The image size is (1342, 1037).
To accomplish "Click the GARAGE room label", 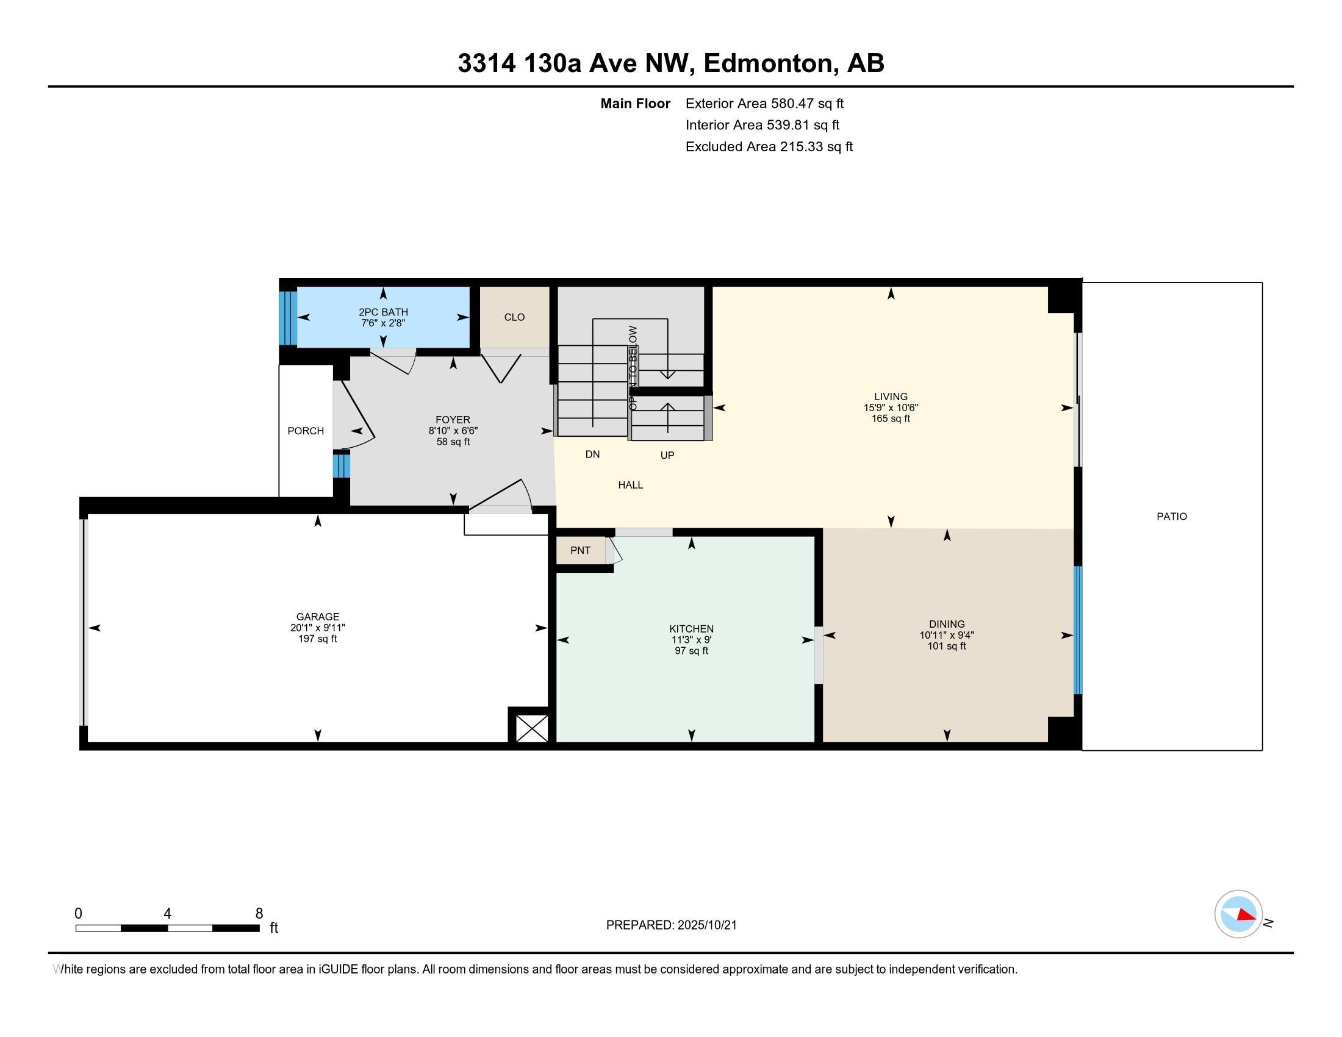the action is [317, 617].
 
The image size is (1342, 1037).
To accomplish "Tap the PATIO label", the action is [1172, 517].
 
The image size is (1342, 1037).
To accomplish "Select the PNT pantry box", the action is [581, 550].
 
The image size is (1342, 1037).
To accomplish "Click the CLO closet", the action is [514, 317].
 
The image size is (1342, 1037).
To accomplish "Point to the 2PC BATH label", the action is [384, 312].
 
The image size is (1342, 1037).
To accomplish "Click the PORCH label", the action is [306, 431].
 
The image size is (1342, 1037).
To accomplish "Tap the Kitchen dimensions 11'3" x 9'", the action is [691, 640].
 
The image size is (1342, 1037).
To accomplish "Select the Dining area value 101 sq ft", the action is [947, 646].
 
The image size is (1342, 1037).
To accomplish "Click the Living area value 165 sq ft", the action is [891, 419].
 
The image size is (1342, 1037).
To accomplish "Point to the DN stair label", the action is [592, 454].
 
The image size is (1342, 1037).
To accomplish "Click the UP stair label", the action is [667, 455].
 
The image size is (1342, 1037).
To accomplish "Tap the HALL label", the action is [631, 486].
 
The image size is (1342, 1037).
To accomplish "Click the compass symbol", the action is [1239, 914].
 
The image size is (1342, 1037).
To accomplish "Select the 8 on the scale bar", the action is [259, 914].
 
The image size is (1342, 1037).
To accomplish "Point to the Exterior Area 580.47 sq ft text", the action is [764, 104].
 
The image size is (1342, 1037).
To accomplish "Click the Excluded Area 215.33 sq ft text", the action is [769, 147].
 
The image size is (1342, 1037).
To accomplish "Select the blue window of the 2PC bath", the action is [288, 318].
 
